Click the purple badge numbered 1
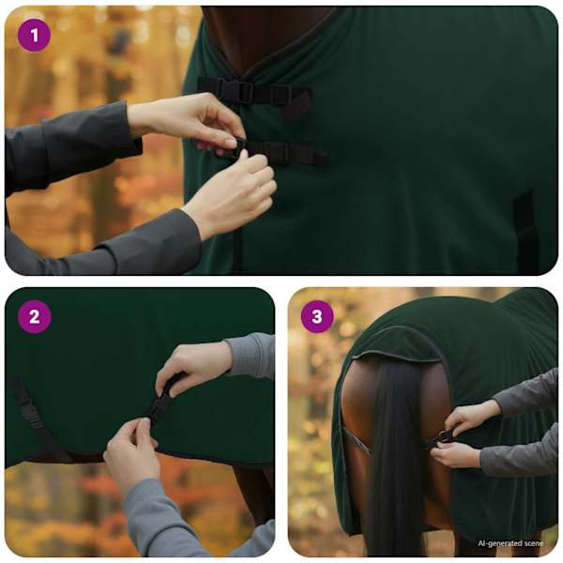[35, 36]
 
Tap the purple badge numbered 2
[35, 317]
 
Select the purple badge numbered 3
[317, 317]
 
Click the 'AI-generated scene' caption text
[510, 543]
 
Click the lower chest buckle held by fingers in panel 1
[236, 148]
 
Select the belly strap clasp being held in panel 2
[160, 403]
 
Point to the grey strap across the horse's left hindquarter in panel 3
[356, 441]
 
